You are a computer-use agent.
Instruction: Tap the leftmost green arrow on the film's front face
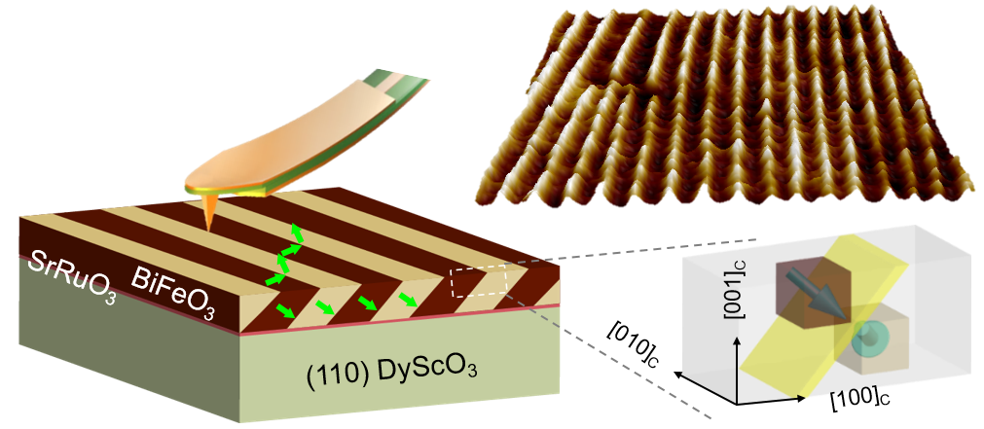284,310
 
